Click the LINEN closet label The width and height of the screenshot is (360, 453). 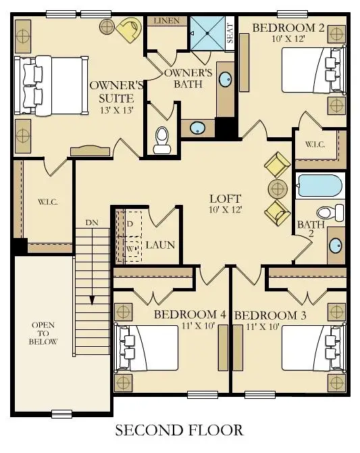tap(167, 21)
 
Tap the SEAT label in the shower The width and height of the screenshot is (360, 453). tap(230, 34)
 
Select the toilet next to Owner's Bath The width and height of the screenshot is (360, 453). tap(161, 140)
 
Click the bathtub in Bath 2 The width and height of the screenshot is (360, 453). tap(320, 186)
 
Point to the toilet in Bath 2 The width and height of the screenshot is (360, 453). tap(330, 212)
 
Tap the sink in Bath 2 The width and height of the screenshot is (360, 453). tap(335, 245)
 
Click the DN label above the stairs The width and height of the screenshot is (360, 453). tap(92, 222)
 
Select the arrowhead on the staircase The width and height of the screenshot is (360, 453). tap(92, 300)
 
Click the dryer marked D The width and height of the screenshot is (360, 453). tap(129, 224)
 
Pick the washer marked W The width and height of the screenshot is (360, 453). tap(129, 248)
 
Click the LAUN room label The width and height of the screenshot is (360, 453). tap(160, 245)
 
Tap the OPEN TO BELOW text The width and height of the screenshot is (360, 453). tap(43, 333)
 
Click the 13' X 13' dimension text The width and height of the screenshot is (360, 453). tap(117, 110)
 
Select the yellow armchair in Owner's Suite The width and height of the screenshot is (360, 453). tap(128, 28)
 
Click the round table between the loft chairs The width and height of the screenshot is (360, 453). tap(278, 189)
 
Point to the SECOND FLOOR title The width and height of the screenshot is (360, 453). tap(179, 430)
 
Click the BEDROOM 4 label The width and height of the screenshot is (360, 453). tap(190, 314)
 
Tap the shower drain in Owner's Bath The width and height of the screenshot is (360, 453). tap(207, 33)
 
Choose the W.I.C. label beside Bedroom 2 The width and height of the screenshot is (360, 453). tap(315, 144)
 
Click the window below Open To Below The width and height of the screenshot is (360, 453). tap(61, 414)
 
